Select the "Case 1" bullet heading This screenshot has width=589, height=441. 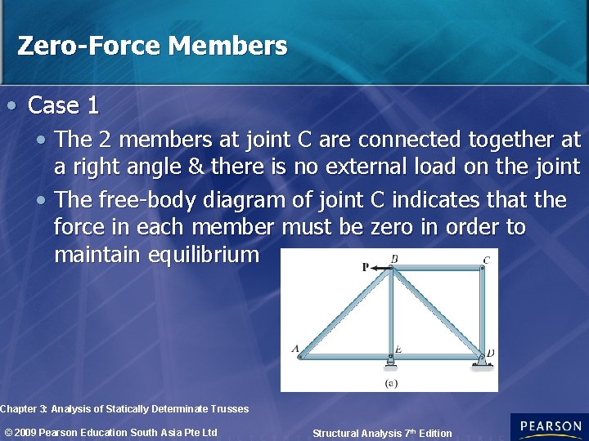click(63, 105)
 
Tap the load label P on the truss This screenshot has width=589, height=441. click(365, 266)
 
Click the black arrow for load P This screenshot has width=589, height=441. click(379, 267)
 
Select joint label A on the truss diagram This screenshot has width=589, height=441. click(295, 349)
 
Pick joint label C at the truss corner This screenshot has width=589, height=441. click(486, 261)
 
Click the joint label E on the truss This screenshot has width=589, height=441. click(398, 350)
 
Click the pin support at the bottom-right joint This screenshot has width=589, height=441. click(482, 362)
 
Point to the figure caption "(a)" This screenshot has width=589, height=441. click(391, 381)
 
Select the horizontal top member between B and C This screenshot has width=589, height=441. click(437, 268)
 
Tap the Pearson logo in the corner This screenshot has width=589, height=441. click(549, 427)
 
